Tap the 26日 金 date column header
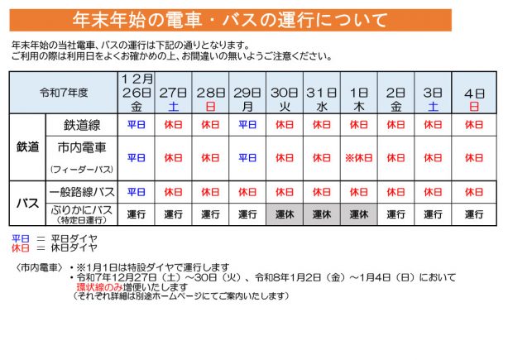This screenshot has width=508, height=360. point(137,92)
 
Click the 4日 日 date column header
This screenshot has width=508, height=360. point(473,92)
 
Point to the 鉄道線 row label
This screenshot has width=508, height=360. point(83,124)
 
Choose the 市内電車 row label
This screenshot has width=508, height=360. point(83,147)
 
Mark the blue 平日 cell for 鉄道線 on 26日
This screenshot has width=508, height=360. point(137,124)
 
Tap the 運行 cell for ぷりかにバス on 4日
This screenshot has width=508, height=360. point(473,214)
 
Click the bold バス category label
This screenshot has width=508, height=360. point(28,202)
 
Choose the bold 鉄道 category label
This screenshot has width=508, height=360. point(28,146)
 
